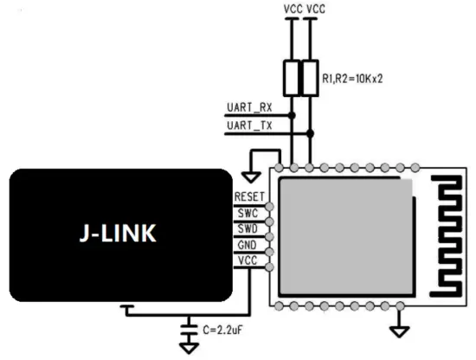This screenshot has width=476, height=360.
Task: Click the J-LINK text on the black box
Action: pos(121,235)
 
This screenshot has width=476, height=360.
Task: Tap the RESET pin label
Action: pos(248,197)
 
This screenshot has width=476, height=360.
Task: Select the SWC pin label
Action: pos(248,213)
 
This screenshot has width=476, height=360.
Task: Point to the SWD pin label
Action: pos(248,228)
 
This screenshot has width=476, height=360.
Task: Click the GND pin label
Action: pos(248,244)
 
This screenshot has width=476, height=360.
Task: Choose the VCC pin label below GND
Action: pos(248,260)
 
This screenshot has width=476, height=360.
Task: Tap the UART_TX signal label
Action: pos(249,126)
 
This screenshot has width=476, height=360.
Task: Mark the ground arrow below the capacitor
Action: pos(189,348)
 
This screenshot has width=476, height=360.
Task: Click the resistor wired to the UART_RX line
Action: pos(292,79)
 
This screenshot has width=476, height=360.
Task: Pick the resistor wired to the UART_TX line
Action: pos(309,79)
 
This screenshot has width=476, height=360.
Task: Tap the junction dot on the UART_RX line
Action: pos(292,114)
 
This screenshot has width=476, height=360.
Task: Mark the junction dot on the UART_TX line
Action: pos(309,131)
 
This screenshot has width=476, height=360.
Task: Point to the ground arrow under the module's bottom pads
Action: pos(400,330)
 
